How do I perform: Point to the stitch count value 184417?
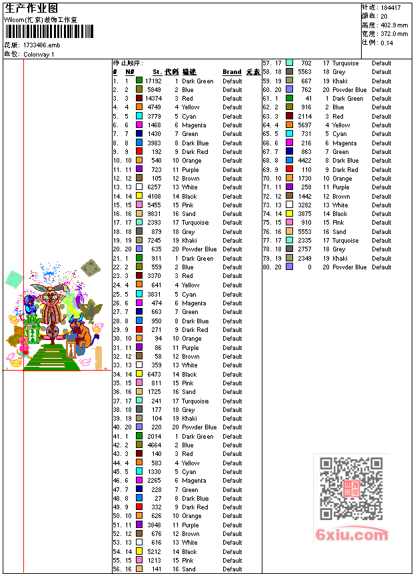click(390, 7)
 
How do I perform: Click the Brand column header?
click(232, 72)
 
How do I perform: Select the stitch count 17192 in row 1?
click(153, 81)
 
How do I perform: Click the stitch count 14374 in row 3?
click(153, 99)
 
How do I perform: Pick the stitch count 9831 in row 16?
click(155, 214)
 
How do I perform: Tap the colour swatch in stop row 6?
click(139, 125)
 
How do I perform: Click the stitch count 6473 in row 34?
click(155, 374)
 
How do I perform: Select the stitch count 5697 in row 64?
click(304, 125)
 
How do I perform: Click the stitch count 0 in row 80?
click(309, 267)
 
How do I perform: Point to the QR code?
click(351, 489)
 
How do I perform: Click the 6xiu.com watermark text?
click(352, 535)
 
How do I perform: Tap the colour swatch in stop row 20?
click(139, 249)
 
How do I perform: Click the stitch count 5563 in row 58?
click(304, 72)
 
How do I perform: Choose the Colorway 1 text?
click(39, 54)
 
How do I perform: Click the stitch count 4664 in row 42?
click(155, 445)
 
